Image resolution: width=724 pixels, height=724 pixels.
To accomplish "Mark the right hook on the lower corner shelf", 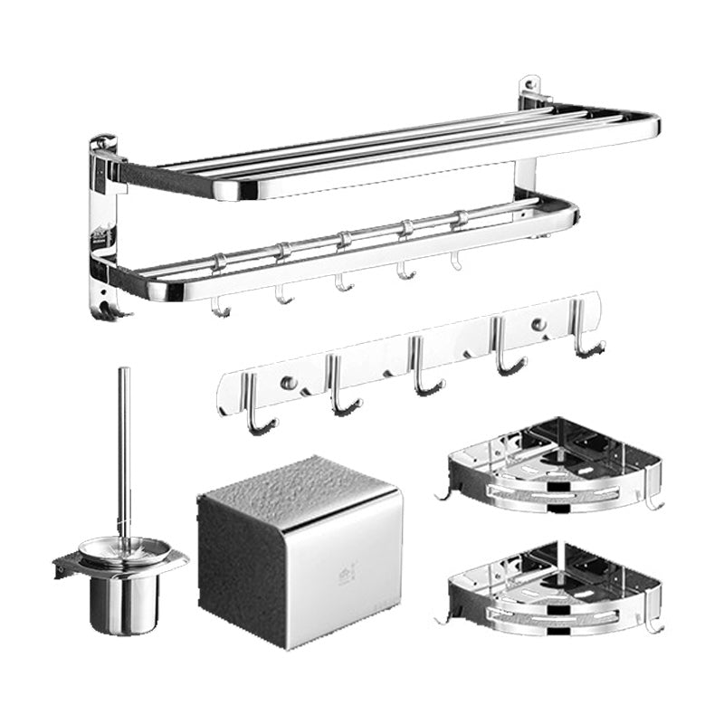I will pyautogui.click(x=653, y=625).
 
